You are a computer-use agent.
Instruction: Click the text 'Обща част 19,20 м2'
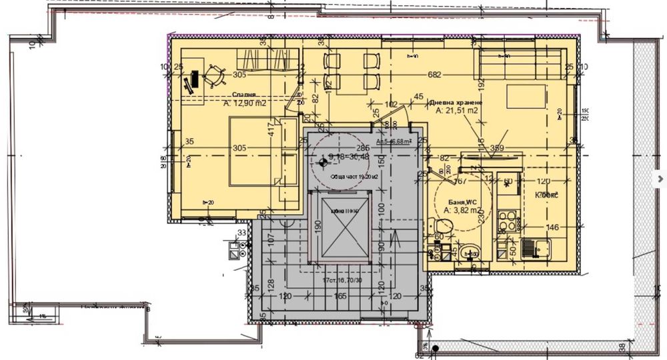[354, 177]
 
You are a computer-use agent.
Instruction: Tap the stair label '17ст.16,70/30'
[342, 280]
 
